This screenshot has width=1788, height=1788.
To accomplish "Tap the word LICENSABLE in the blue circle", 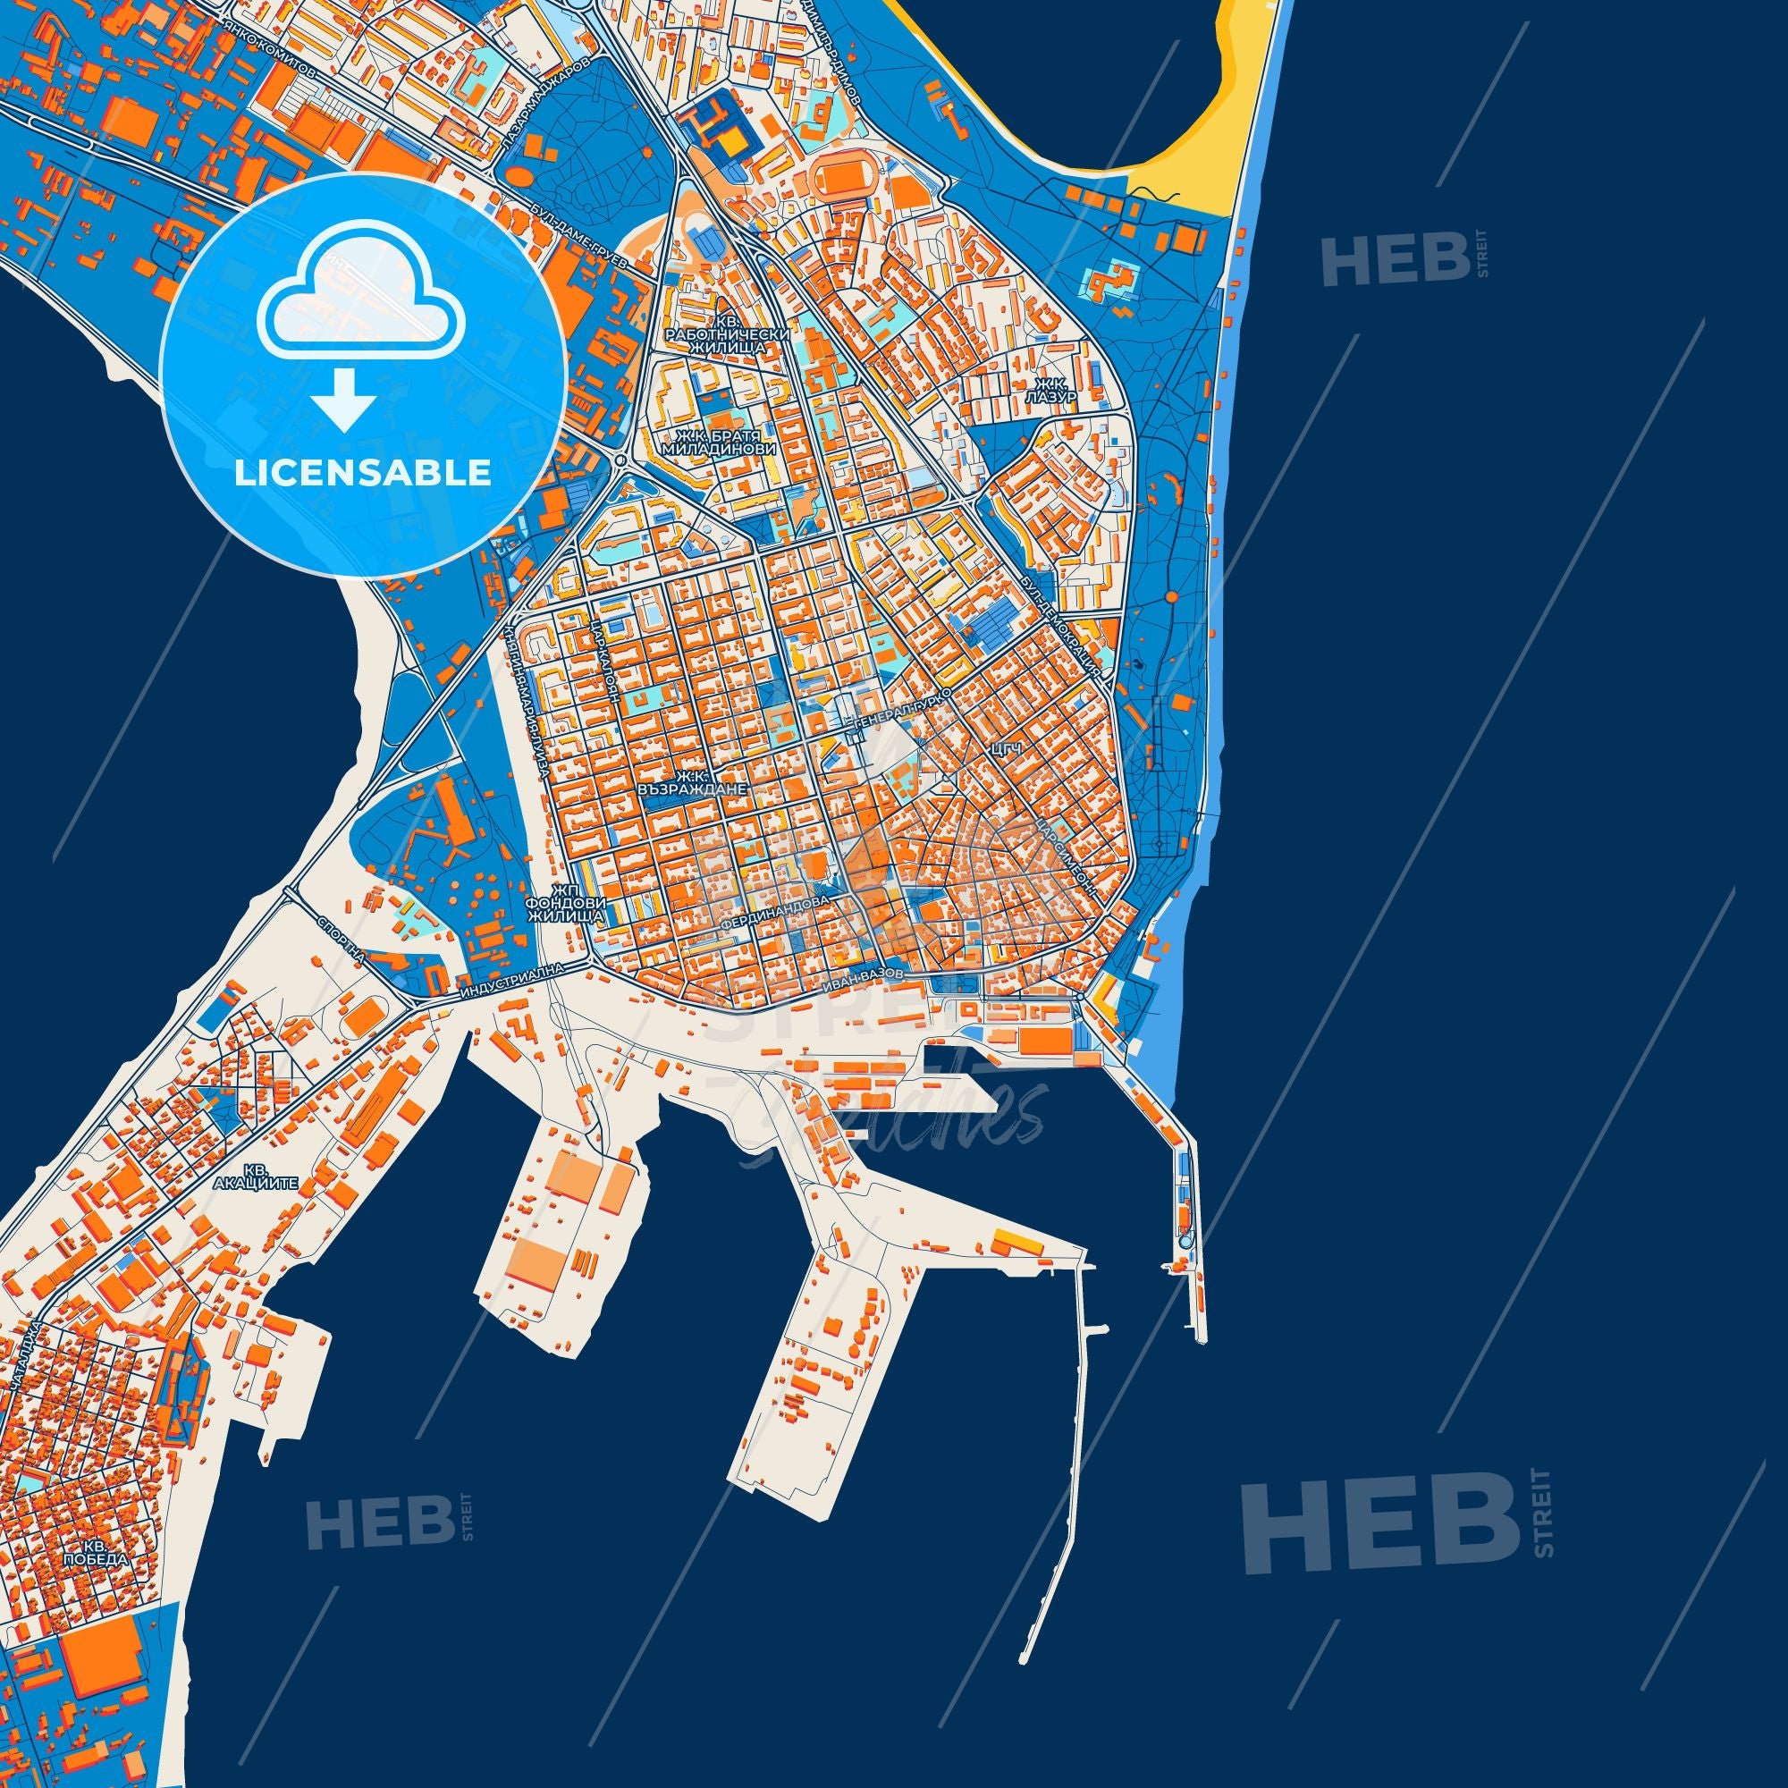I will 363,473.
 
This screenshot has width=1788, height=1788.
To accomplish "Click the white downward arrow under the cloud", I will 342,399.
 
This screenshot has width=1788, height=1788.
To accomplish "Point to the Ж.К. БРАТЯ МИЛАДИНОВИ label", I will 718,442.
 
